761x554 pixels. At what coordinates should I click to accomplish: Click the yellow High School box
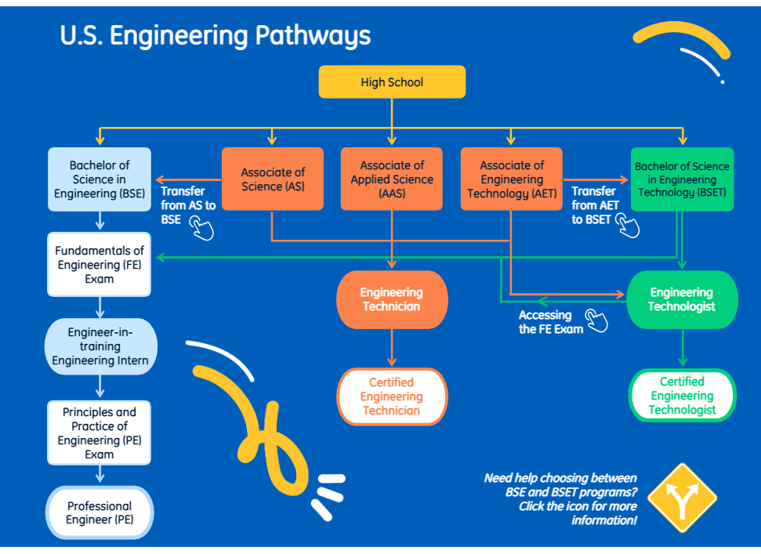coord(392,82)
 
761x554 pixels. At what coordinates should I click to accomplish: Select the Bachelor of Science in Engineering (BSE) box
coord(100,179)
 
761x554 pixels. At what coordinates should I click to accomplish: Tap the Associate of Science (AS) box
coord(273,179)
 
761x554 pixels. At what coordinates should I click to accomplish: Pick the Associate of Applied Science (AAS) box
coord(392,179)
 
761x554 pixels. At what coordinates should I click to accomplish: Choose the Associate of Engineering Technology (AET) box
coord(511,179)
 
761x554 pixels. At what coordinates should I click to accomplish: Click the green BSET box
coord(682,179)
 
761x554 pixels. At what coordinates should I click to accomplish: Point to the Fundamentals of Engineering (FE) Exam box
coord(100,265)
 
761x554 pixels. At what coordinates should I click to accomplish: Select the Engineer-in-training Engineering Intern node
coord(100,346)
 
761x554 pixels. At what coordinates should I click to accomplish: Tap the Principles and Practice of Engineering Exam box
coord(100,433)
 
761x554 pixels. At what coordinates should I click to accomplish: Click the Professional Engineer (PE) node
coord(100,512)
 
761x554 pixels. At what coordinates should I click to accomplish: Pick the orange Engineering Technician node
coord(392,299)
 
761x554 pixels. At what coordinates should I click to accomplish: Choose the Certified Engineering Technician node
coord(392,396)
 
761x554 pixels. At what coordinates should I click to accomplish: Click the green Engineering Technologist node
coord(682,299)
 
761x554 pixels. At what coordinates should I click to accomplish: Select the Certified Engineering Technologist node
coord(682,396)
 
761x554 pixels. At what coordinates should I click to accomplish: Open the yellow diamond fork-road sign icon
coord(683,498)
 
